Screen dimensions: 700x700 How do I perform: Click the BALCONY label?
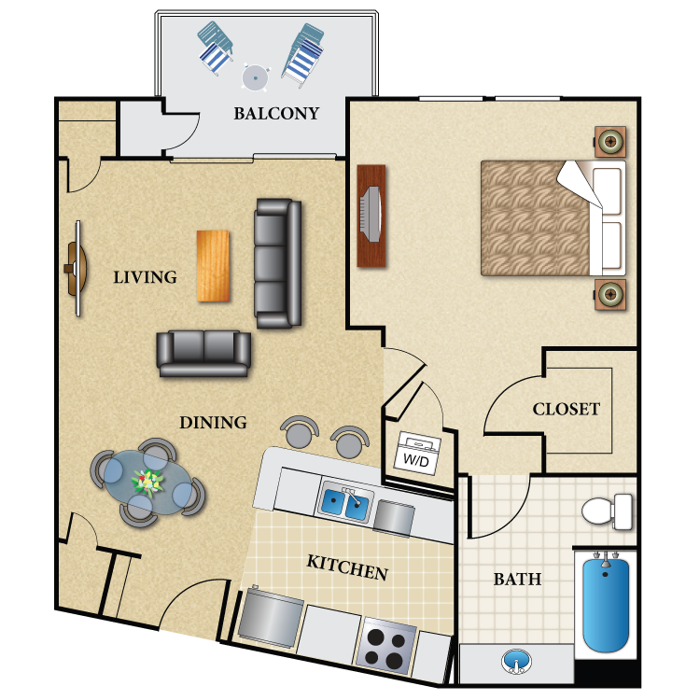pyautogui.click(x=276, y=114)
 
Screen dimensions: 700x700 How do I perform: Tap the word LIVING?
pyautogui.click(x=145, y=277)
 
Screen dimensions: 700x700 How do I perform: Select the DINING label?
pyautogui.click(x=213, y=423)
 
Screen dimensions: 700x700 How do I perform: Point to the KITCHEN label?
pyautogui.click(x=347, y=567)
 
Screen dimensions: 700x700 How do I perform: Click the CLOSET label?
pyautogui.click(x=566, y=409)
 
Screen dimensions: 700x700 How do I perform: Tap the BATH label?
pyautogui.click(x=517, y=580)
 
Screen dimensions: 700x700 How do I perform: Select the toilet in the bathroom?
pyautogui.click(x=607, y=511)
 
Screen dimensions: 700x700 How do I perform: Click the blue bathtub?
pyautogui.click(x=606, y=603)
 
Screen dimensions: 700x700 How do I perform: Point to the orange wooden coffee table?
pyautogui.click(x=212, y=266)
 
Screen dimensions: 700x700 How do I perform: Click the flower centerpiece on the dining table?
pyautogui.click(x=148, y=482)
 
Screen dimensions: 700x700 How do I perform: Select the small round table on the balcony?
pyautogui.click(x=254, y=77)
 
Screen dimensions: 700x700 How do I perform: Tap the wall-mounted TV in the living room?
pyautogui.click(x=75, y=269)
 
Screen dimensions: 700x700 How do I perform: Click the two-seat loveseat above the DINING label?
pyautogui.click(x=204, y=352)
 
